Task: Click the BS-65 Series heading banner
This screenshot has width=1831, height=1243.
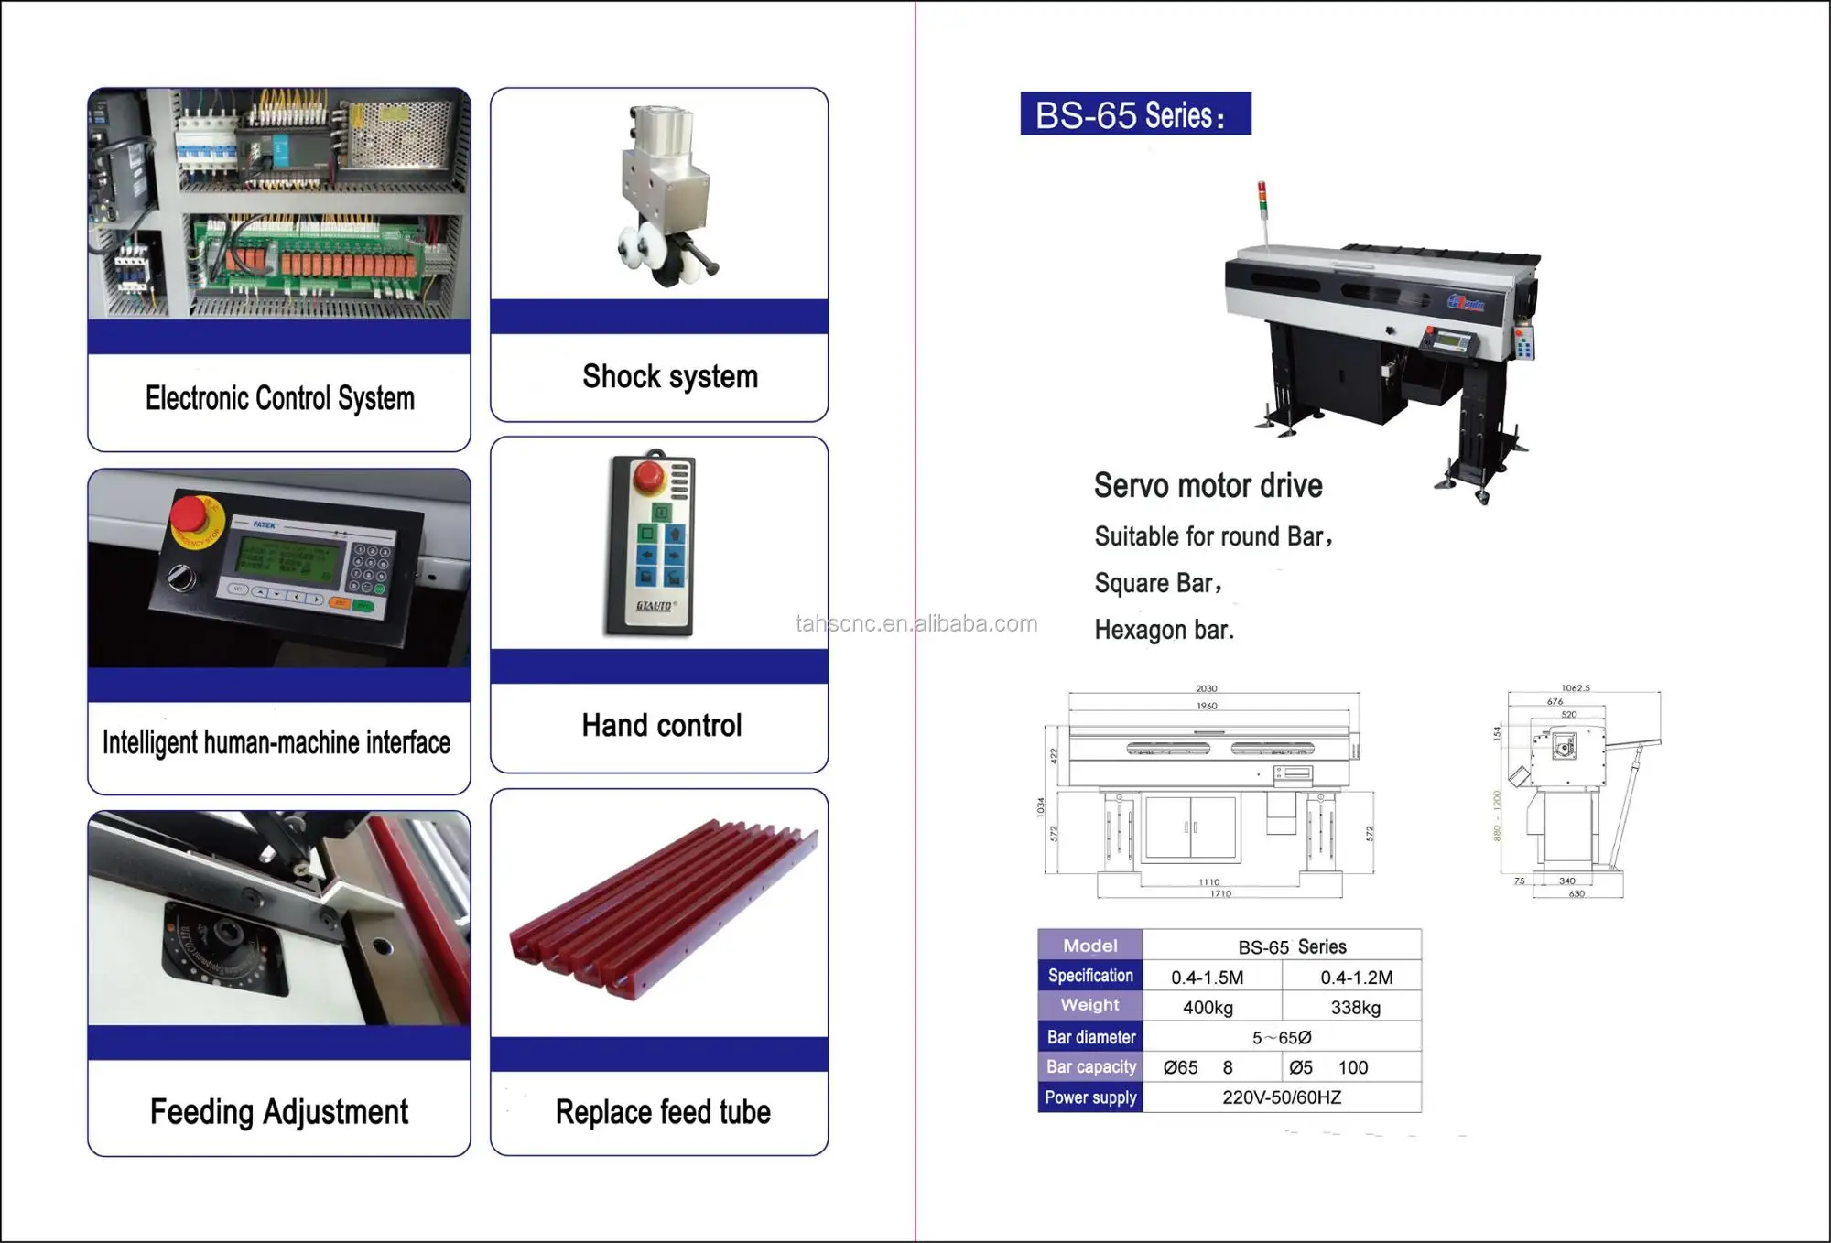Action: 1135,114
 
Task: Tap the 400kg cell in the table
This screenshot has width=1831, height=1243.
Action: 1208,1008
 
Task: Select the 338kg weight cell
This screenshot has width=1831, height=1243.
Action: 1355,1008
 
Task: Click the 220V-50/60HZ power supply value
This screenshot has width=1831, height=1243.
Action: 1282,1097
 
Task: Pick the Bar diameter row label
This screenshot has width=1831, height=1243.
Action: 1090,1037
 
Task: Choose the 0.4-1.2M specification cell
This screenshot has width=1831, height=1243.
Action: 1356,978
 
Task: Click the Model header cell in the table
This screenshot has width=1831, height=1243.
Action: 1089,946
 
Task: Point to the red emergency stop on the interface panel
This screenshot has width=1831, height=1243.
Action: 190,514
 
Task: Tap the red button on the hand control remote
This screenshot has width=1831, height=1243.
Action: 649,475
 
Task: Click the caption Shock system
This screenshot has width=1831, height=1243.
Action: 670,376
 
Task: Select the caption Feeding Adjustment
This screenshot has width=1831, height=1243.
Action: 279,1112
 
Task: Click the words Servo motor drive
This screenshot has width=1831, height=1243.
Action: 1208,486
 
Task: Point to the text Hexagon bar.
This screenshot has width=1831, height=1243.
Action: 1164,630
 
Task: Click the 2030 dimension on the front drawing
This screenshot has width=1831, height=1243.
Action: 1206,688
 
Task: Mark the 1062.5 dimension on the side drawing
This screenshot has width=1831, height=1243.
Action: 1575,688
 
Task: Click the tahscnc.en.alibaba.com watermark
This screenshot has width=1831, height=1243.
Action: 915,624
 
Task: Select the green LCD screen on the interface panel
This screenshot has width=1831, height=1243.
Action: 285,559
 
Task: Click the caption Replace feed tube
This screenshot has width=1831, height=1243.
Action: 663,1112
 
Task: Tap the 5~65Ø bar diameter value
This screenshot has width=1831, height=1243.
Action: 1282,1038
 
